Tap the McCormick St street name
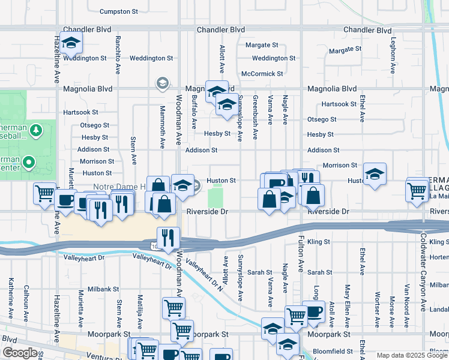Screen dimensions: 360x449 click(262, 74)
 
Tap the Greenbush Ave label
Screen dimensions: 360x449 click(256, 110)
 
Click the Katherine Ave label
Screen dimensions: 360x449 click(11, 298)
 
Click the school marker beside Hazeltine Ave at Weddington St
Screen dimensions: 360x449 click(71, 43)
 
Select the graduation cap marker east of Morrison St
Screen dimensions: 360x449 click(375, 175)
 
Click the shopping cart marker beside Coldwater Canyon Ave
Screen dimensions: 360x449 click(417, 190)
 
